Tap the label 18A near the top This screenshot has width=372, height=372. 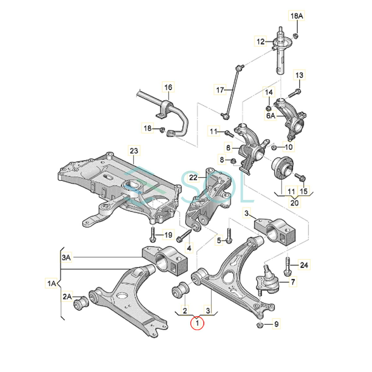pos(296,16)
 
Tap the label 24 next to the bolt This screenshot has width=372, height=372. pos(304,265)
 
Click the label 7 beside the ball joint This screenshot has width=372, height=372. pos(293,282)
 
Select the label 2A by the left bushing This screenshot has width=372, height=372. pos(67,297)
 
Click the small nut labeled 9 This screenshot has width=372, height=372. pos(260,325)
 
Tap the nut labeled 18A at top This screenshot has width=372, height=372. pos(296,36)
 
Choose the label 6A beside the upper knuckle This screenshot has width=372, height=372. pos(271,115)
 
